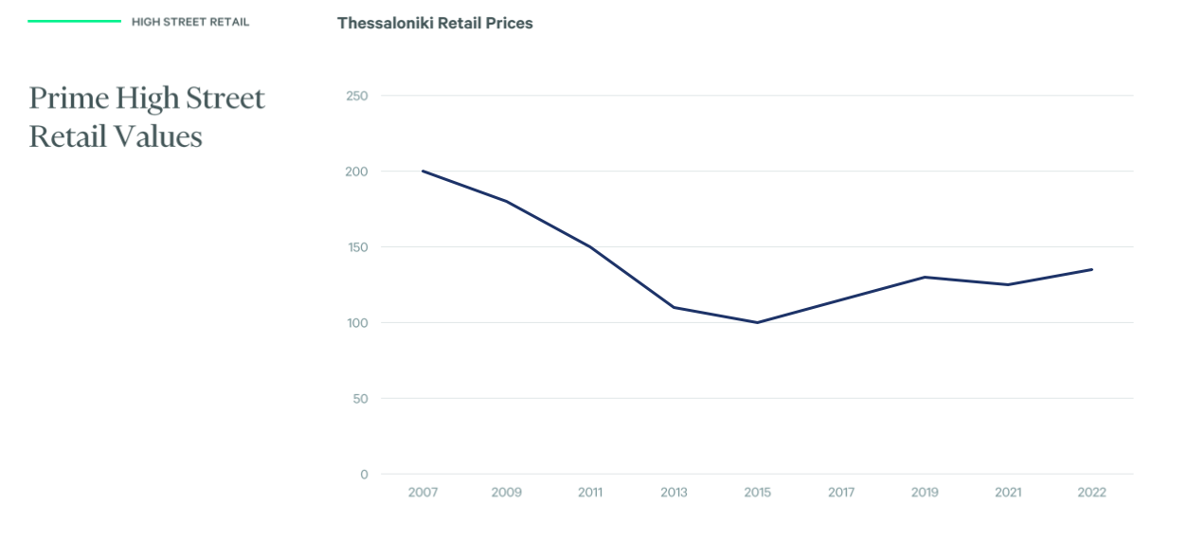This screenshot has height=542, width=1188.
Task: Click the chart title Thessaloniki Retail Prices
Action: pos(435,23)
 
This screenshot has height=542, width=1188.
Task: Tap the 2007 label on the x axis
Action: pos(423,493)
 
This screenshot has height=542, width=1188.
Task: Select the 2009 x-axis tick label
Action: pos(506,493)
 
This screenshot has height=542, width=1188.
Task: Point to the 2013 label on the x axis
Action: pos(674,493)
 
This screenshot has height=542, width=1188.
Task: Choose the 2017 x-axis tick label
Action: pos(841,493)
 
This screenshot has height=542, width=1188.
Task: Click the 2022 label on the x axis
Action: pos(1091,493)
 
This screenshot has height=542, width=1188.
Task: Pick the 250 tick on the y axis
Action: pos(357,96)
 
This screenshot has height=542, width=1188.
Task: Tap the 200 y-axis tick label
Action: pos(357,172)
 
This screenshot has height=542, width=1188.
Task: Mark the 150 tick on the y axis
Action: pos(357,247)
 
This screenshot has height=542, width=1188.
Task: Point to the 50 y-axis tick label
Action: pos(360,399)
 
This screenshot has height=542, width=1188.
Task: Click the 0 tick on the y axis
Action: pos(364,475)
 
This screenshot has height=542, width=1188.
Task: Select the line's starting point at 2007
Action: pos(423,172)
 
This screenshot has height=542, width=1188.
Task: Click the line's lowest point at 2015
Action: pos(757,322)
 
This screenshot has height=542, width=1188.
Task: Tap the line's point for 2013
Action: pos(674,307)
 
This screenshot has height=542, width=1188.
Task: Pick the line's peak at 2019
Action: pos(925,277)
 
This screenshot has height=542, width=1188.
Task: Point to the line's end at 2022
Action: pos(1091,269)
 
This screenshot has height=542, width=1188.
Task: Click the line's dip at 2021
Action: pos(1008,284)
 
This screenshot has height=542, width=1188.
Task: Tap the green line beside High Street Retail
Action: pos(74,21)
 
